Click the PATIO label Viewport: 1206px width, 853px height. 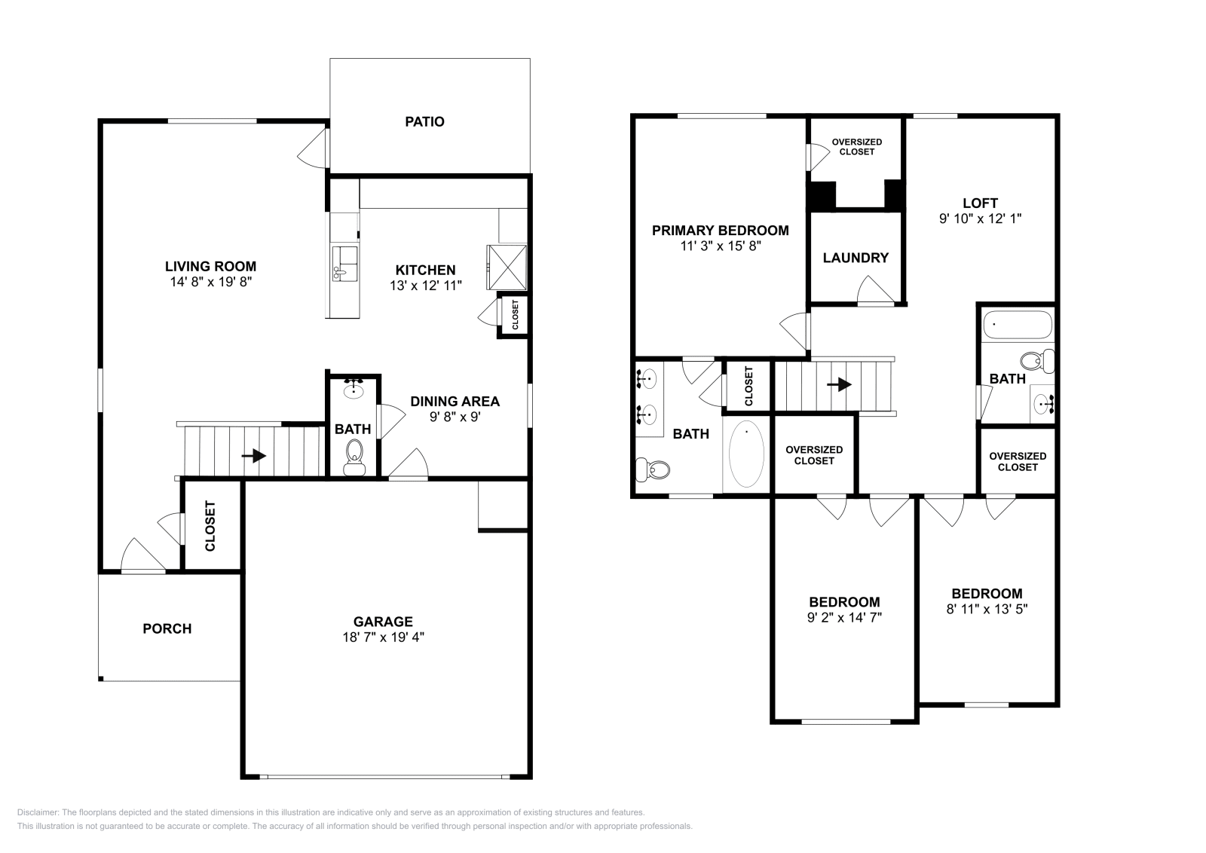coord(424,121)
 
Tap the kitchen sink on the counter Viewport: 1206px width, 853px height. coord(345,262)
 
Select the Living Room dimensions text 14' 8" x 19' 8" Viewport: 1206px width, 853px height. coord(210,282)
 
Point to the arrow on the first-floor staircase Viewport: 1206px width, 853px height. coord(258,456)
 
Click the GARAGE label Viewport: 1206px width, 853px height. coord(383,622)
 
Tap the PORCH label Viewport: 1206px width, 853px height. coord(167,628)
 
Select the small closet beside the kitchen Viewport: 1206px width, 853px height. coord(514,315)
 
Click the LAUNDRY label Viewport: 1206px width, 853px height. coord(856,258)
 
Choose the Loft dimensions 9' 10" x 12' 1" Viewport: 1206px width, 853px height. coord(980,219)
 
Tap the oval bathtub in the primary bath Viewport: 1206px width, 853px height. coord(745,454)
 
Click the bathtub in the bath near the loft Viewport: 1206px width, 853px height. coord(1017,325)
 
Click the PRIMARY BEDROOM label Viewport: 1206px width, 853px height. coord(720,231)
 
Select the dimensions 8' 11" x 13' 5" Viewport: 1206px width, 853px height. coord(987,609)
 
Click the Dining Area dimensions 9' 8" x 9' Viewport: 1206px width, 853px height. coord(455,416)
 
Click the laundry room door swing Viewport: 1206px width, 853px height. coord(873,290)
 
